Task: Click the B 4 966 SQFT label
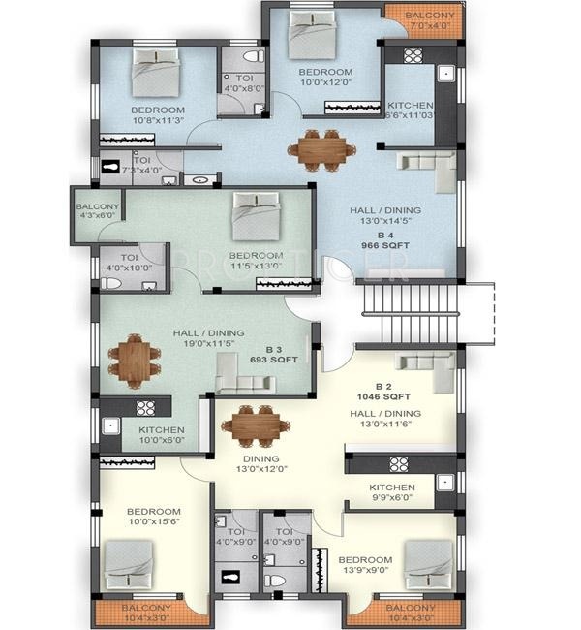pos(384,240)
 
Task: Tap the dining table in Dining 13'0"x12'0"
pos(257,423)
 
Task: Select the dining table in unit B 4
pos(321,148)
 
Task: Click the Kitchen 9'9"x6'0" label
pos(392,492)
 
